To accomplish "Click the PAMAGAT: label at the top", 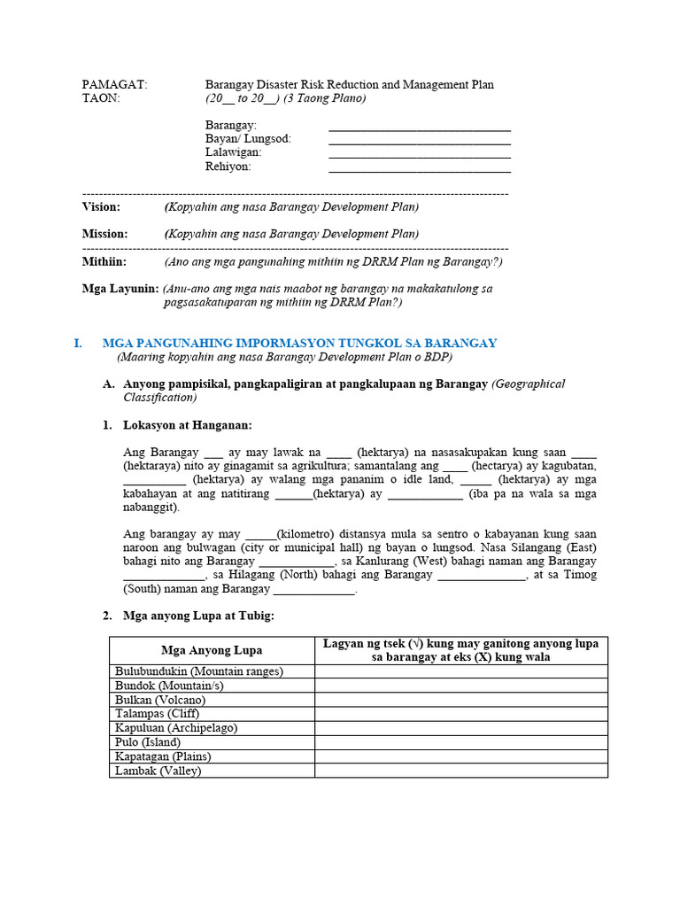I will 114,85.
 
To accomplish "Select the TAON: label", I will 100,98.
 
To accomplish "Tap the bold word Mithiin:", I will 104,262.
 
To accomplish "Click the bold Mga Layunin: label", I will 120,289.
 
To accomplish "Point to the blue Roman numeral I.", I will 78,343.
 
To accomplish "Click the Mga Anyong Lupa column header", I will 212,650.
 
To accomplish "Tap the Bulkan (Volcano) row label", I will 160,700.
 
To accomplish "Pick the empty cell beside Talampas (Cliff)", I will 460,714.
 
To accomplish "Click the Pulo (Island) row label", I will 148,742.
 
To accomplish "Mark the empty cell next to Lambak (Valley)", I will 460,771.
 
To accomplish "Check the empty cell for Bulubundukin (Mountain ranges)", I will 460,671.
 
